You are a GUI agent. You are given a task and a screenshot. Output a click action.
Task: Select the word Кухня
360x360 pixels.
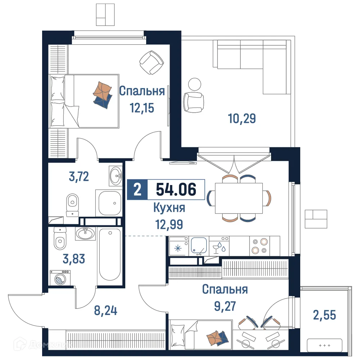169,208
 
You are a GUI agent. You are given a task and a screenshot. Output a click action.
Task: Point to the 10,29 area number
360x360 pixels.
242,118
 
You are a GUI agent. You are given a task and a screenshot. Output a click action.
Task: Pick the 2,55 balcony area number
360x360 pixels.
325,315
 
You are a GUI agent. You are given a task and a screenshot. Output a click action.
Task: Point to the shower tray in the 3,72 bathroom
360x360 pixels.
109,203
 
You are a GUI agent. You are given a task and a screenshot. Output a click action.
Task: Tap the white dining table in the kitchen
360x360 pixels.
239,198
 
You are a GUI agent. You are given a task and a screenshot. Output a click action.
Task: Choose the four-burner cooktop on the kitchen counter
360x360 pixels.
260,246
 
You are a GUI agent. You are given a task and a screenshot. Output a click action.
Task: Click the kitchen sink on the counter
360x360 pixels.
198,246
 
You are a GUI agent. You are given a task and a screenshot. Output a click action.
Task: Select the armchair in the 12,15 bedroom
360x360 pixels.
151,62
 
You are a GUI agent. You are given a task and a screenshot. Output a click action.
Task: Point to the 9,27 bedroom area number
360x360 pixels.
225,306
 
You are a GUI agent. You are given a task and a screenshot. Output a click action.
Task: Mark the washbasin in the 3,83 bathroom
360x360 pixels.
85,234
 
